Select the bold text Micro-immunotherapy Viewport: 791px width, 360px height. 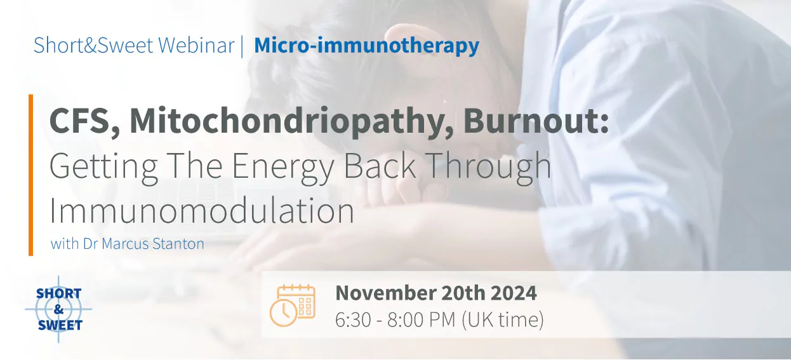point(366,46)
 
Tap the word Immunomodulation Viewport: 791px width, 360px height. point(201,211)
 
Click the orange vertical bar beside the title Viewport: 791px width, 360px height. point(30,175)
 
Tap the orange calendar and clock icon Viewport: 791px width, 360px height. point(293,305)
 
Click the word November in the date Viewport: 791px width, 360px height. point(384,293)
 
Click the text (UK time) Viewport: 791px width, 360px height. point(503,320)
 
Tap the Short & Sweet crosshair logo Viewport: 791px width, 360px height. point(58,310)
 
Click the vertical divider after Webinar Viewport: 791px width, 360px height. point(242,46)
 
